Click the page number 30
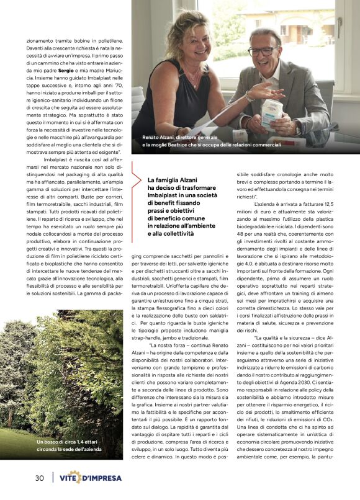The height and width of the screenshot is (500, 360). pyautogui.click(x=38, y=478)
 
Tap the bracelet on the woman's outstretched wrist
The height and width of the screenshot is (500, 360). pyautogui.click(x=248, y=96)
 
